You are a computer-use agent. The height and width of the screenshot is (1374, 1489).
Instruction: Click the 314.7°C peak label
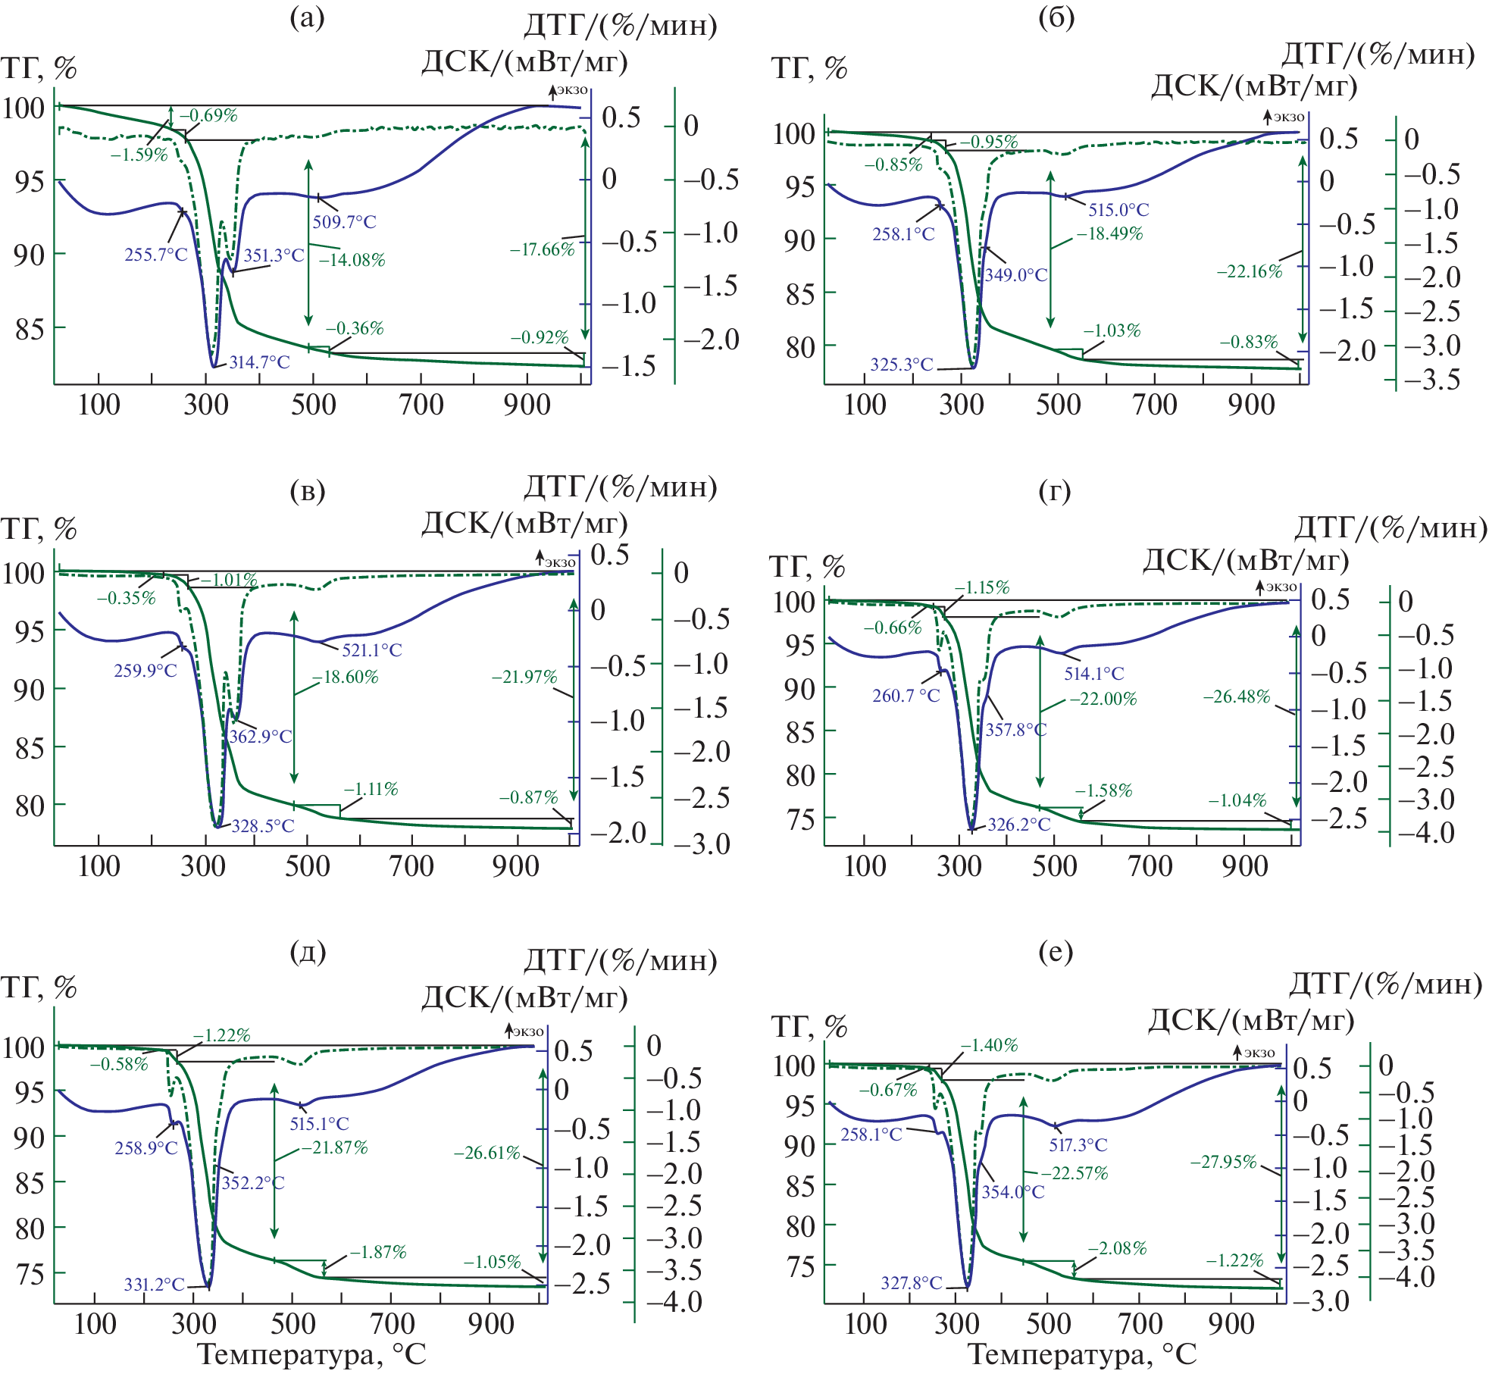[x=259, y=362]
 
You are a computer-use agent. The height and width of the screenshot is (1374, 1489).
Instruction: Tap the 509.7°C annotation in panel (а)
[x=344, y=222]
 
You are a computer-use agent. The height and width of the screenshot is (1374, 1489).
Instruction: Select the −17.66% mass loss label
[x=542, y=249]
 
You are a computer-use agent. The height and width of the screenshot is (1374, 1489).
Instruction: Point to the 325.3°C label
[x=901, y=365]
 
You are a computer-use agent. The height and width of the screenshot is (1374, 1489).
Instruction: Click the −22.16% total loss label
[x=1250, y=271]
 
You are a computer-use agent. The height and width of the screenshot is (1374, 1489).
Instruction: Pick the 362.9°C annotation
[x=260, y=737]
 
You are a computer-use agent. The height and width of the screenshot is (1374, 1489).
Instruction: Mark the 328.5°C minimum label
[x=262, y=826]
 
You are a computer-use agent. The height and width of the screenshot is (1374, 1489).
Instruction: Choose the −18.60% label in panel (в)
[x=346, y=677]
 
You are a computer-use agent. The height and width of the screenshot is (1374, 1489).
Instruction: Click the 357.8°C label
[x=1015, y=730]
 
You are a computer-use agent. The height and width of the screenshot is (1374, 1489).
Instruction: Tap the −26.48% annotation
[x=1237, y=696]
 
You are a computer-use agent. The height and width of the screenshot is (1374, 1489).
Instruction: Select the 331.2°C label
[x=155, y=1284]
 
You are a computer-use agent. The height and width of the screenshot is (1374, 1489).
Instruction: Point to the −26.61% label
[x=487, y=1153]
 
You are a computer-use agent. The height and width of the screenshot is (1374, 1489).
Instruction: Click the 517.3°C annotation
[x=1078, y=1145]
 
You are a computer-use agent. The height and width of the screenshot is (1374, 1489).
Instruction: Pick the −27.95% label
[x=1223, y=1162]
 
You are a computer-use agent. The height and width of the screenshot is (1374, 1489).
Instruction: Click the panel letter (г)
[x=1055, y=492]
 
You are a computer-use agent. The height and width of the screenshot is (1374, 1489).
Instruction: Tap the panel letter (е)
[x=1056, y=951]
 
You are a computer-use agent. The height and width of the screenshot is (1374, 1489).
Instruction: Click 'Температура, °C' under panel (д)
[x=311, y=1354]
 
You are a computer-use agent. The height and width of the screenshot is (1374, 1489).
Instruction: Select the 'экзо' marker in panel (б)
[x=1288, y=117]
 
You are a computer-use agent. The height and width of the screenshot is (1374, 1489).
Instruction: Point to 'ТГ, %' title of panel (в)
[x=39, y=528]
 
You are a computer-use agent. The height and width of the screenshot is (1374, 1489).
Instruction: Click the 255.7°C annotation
[x=156, y=255]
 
